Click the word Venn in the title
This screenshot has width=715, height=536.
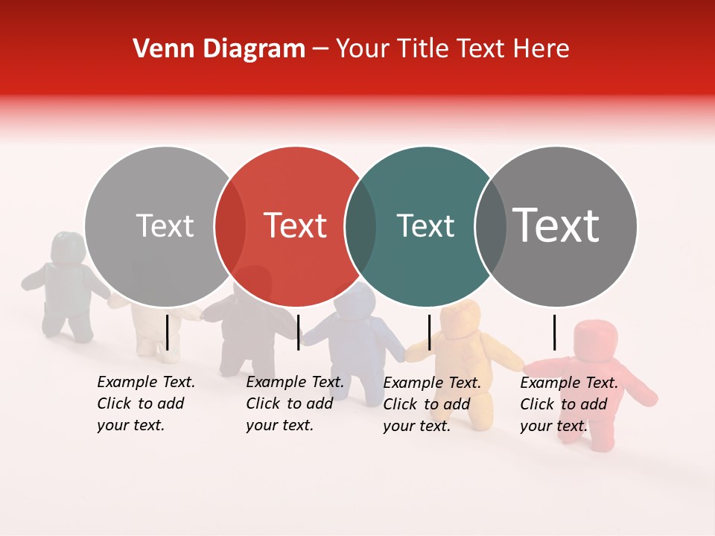click(155, 49)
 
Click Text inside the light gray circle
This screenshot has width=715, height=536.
click(165, 226)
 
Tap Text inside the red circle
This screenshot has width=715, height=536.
click(295, 226)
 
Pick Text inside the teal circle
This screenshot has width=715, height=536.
click(425, 226)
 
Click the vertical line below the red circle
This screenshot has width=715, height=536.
click(298, 332)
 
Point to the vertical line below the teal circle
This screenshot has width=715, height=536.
click(429, 332)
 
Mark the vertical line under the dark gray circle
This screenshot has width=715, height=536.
click(555, 332)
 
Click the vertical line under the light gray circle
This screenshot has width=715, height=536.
click(168, 332)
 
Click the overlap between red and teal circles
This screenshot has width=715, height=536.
click(360, 226)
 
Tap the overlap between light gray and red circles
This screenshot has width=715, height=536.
click(230, 226)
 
